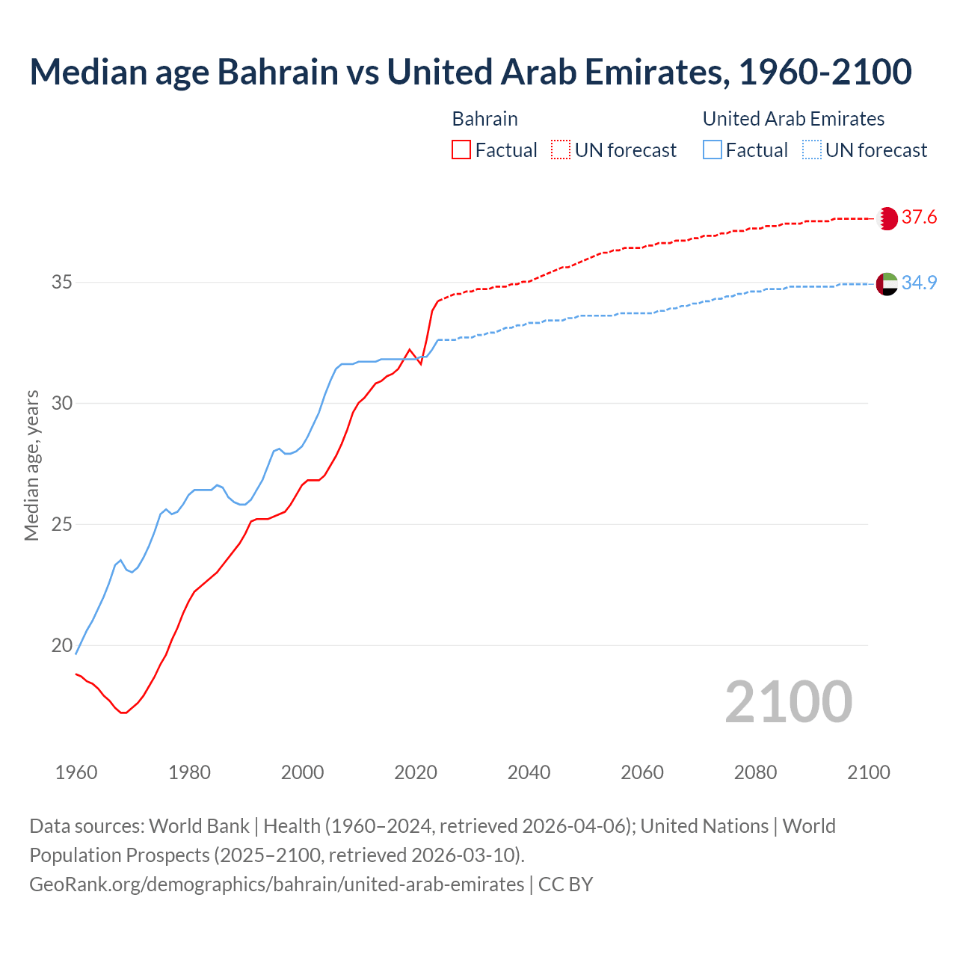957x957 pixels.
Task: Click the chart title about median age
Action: (470, 73)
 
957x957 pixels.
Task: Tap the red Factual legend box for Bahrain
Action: (461, 150)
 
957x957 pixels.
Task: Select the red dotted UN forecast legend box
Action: (561, 150)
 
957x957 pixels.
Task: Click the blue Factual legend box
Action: (713, 150)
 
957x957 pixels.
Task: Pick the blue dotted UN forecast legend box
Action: (812, 150)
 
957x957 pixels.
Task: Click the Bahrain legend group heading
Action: (484, 120)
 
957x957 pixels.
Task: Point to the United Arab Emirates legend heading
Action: (793, 120)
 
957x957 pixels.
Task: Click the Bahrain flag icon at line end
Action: (887, 218)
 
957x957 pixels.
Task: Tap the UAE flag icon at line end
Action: (887, 284)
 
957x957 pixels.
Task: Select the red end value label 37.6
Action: (919, 218)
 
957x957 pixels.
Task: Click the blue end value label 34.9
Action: (919, 283)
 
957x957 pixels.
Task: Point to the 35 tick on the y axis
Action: (62, 283)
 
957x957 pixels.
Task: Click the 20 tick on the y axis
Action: (62, 645)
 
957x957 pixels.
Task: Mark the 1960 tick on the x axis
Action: (76, 772)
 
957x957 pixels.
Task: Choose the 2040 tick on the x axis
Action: (529, 772)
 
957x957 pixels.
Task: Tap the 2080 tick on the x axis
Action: (755, 772)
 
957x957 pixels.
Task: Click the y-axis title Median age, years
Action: (32, 465)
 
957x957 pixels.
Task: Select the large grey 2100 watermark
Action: (789, 702)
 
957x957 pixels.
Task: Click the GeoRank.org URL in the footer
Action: (277, 884)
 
